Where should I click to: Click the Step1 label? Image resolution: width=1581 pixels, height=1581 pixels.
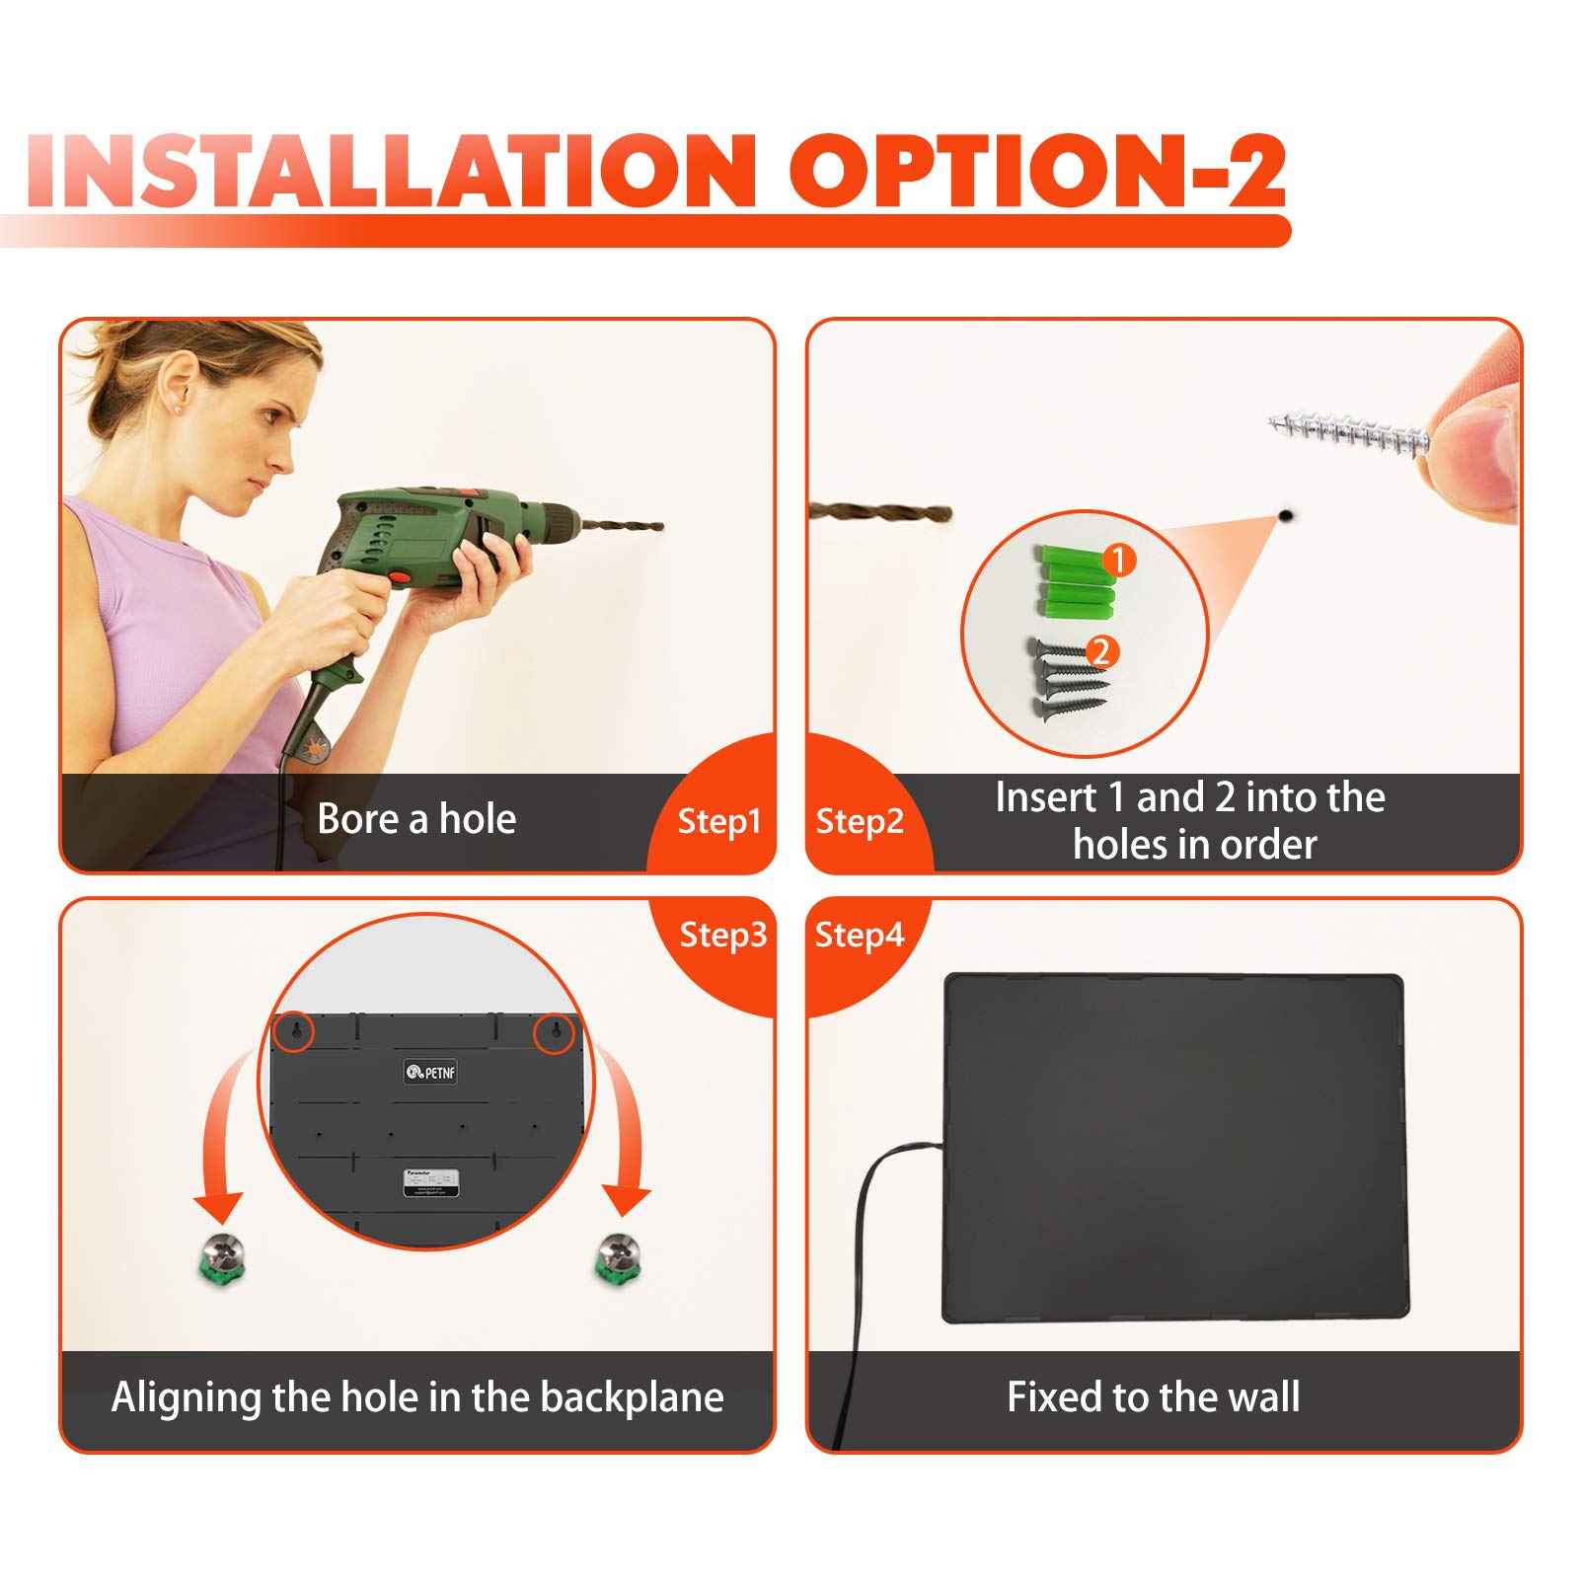718,821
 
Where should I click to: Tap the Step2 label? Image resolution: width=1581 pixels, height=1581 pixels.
860,821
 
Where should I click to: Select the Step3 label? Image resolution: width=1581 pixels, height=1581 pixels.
722,935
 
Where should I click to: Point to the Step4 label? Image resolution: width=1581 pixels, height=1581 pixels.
860,935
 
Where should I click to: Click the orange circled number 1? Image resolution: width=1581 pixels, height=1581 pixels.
1118,561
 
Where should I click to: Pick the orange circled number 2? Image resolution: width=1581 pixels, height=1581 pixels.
1101,651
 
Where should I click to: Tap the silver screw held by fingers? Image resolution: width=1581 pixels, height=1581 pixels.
1348,434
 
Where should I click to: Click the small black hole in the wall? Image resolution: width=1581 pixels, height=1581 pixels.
1286,515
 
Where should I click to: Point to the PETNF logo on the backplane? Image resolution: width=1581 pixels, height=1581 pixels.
430,1072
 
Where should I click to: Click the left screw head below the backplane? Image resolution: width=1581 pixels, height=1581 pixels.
221,1257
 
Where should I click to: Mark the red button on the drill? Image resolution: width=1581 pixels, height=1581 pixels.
400,576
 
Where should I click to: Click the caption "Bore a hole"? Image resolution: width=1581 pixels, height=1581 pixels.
416,819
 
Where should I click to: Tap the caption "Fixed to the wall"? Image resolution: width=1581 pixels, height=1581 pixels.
1153,1397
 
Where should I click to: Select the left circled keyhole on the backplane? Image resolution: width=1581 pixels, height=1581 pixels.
293,1032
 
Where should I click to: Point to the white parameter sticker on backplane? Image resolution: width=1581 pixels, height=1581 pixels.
431,1181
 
